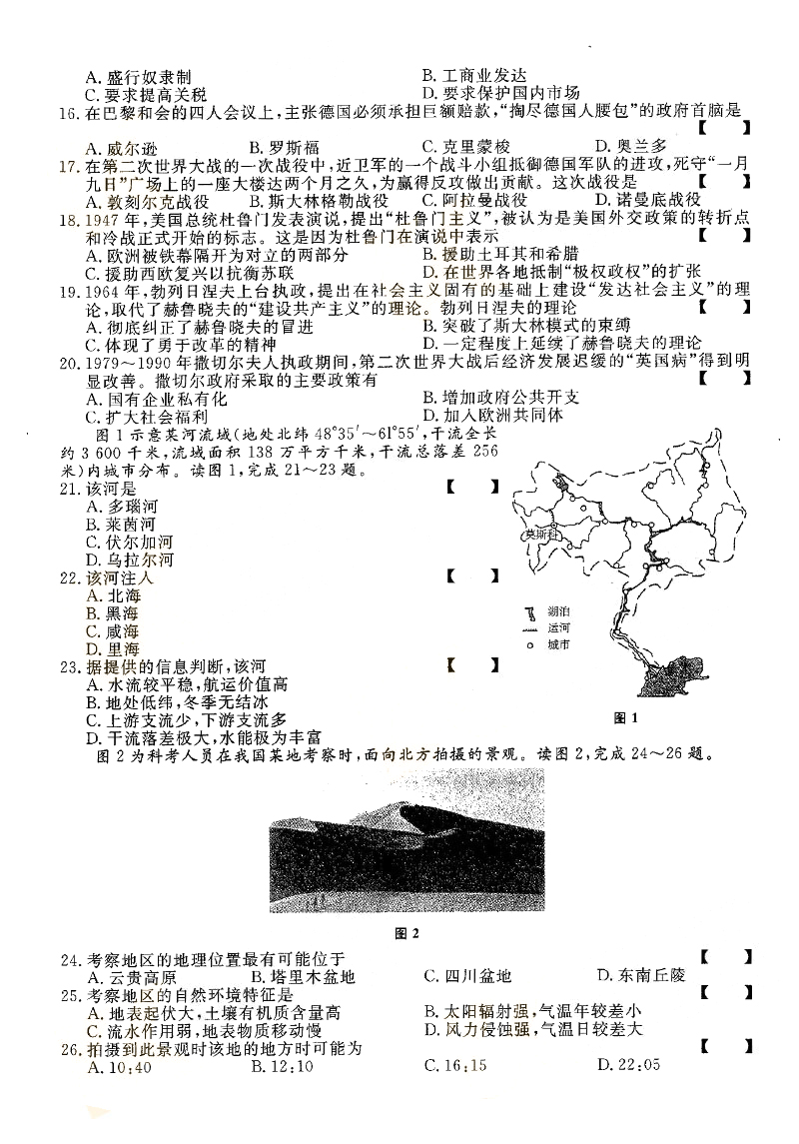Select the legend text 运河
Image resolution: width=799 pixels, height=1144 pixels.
[559, 626]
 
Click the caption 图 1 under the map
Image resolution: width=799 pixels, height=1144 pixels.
[626, 717]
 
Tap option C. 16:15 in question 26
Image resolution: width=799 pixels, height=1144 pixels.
[454, 1066]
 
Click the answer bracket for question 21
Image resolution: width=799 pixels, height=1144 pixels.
[470, 488]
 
